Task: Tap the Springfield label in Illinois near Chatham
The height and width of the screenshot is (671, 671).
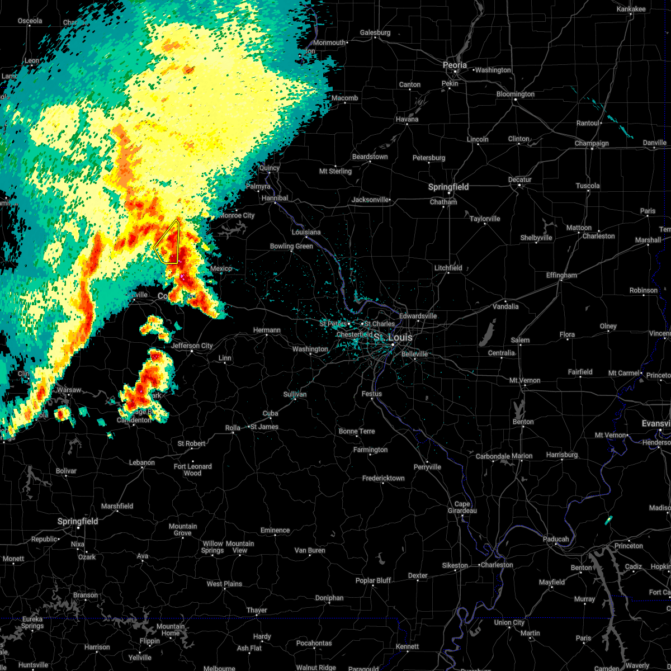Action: [448, 187]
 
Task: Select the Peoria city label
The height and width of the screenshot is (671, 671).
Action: [455, 65]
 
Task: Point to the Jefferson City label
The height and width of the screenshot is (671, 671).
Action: [192, 346]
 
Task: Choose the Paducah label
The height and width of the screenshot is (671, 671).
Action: [555, 539]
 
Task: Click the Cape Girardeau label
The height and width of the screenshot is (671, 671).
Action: [462, 507]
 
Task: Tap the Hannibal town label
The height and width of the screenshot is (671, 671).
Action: [275, 198]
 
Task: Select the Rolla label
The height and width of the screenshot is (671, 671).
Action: [233, 428]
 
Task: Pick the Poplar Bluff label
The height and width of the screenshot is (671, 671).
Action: [374, 580]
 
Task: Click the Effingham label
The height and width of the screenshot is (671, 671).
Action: [561, 275]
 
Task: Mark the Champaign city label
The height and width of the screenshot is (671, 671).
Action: [592, 144]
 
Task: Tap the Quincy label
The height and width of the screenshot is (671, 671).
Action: [269, 168]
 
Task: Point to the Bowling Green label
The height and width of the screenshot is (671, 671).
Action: [291, 246]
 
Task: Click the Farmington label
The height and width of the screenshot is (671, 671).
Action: [370, 450]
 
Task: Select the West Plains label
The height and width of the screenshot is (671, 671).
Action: [224, 584]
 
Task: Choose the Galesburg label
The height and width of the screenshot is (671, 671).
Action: [375, 32]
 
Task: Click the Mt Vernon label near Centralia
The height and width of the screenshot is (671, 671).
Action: [524, 380]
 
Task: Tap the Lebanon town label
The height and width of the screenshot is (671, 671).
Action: [141, 462]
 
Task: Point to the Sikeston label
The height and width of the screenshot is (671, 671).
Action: [455, 565]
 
